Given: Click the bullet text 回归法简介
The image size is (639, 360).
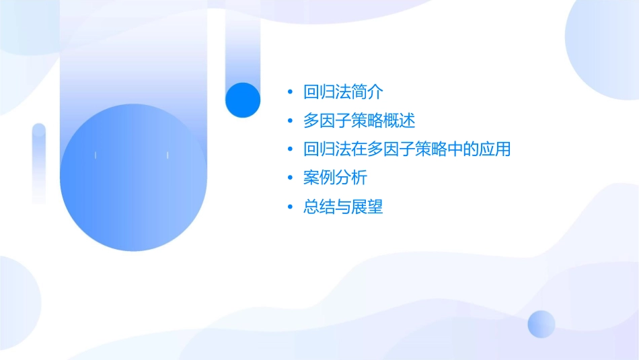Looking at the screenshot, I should (343, 92).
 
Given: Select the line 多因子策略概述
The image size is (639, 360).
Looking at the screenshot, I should (359, 120).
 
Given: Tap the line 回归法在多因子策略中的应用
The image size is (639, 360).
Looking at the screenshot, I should (407, 149).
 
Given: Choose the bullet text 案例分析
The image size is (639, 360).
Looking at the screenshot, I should (335, 178).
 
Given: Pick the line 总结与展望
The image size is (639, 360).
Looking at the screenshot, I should (343, 207).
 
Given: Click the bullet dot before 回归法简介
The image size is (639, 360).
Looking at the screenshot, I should (289, 92).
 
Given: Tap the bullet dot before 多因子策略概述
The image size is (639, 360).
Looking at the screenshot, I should (289, 121).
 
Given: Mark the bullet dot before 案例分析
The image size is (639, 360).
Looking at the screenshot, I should (289, 178).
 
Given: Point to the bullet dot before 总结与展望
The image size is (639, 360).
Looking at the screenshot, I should (289, 207).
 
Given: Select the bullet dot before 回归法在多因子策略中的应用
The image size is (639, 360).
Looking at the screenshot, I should (289, 149).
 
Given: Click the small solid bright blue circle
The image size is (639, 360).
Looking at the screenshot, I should (243, 100).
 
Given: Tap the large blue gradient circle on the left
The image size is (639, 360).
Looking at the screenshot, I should (133, 178).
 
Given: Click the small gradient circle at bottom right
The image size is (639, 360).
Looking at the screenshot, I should (541, 324).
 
